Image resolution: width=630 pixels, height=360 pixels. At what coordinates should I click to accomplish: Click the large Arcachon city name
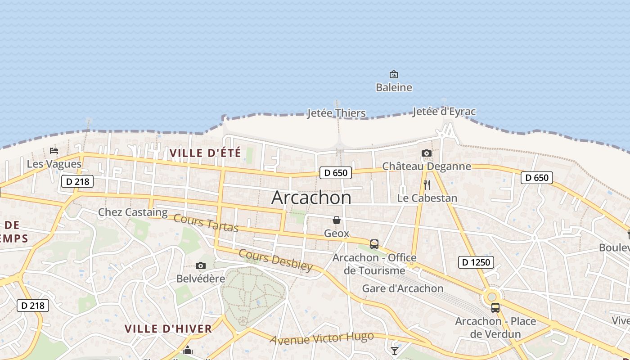click(311, 198)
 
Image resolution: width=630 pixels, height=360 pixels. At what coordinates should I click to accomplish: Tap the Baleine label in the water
click(394, 87)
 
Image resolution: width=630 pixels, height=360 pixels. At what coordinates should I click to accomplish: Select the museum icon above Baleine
click(394, 74)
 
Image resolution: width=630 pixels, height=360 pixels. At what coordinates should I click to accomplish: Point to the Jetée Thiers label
click(336, 113)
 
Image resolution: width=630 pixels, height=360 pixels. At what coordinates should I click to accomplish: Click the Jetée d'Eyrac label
click(444, 112)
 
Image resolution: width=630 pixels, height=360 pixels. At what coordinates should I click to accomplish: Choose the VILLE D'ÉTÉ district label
click(205, 153)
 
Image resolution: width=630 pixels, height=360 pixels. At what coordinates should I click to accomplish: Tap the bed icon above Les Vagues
click(54, 151)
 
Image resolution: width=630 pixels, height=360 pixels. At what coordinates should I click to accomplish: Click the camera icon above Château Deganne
click(427, 153)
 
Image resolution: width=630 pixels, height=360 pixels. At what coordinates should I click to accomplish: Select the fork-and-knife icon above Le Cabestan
click(427, 184)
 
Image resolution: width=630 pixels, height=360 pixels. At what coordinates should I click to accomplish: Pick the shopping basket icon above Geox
click(336, 220)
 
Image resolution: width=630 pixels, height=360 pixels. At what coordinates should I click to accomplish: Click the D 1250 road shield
click(476, 262)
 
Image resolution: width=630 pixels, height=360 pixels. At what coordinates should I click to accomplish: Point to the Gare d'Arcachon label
click(403, 288)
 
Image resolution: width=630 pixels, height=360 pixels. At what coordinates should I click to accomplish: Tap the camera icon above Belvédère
click(201, 266)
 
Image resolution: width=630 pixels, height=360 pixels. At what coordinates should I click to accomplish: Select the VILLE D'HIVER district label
click(168, 329)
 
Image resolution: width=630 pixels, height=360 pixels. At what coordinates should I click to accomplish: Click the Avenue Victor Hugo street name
click(322, 338)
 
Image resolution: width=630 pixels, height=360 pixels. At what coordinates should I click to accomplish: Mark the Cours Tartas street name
click(206, 223)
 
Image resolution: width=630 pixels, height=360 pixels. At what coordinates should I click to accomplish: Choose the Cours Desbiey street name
click(275, 260)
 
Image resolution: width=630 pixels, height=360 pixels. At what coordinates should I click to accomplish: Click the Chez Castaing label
click(133, 212)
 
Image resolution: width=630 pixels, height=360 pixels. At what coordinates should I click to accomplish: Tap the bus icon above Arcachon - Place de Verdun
click(495, 308)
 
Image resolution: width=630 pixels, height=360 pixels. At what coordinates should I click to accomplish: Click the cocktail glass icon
click(395, 351)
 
